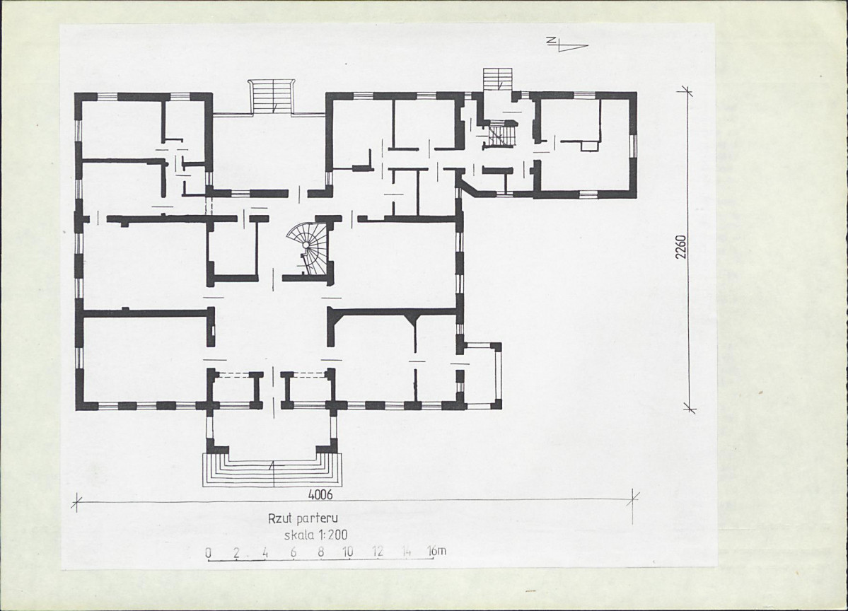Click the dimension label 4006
320,494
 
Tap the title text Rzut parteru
303,518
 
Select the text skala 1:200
316,535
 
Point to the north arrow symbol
566,45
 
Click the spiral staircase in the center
309,249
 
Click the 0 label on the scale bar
208,552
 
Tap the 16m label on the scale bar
437,551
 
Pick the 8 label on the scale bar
320,552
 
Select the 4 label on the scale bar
265,552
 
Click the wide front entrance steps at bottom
272,470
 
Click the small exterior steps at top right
497,78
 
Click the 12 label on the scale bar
378,552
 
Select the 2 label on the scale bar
236,552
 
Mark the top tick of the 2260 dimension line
688,91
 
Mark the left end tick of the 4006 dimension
77,502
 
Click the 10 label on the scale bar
348,552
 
